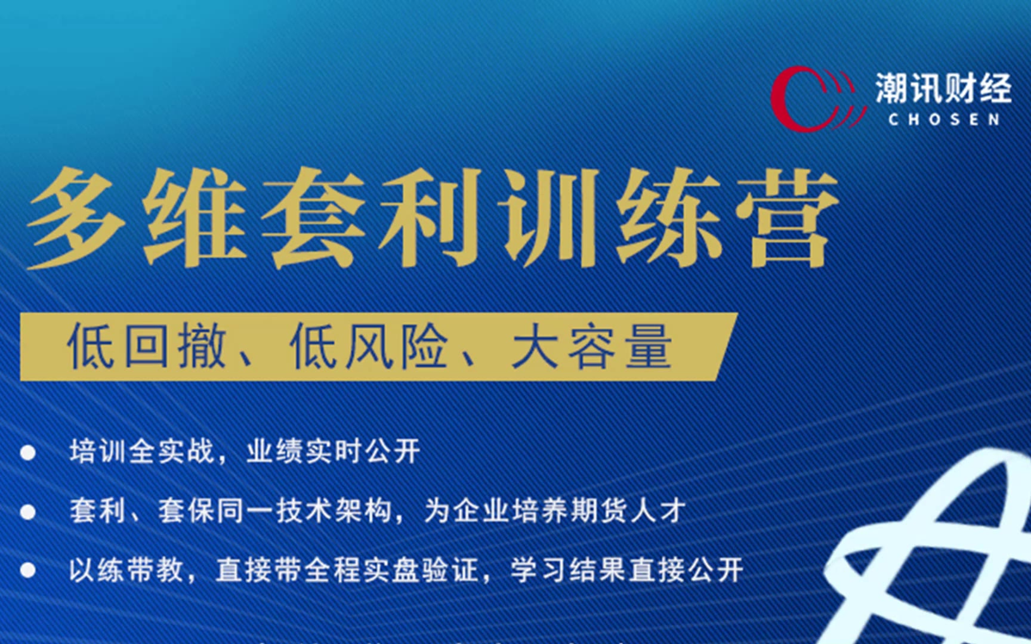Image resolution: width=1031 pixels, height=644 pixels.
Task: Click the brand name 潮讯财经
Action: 943,88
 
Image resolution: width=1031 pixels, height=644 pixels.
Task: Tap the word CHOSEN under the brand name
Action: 944,119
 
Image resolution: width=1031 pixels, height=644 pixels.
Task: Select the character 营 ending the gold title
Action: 785,217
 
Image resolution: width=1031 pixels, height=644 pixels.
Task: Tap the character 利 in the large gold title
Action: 431,217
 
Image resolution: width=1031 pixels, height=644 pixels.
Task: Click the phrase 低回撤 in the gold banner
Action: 147,346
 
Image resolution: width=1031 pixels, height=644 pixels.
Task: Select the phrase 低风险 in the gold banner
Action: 369,346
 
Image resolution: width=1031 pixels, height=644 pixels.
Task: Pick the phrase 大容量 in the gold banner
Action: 592,346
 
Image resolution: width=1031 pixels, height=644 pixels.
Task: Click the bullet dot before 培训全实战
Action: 27,453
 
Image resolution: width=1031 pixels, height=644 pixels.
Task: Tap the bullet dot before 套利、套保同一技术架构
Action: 27,512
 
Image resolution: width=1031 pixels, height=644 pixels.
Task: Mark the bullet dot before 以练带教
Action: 27,571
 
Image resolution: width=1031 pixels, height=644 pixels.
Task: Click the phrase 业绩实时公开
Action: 334,451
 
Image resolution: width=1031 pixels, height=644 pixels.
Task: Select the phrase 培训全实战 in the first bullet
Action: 142,451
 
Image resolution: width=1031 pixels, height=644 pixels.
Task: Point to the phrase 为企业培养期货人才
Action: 555,511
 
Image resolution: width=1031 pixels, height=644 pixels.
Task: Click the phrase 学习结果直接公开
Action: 627,570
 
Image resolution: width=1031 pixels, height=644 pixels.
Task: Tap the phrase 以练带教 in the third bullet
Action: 126,570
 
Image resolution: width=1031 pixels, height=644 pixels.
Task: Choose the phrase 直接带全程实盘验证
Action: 347,570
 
